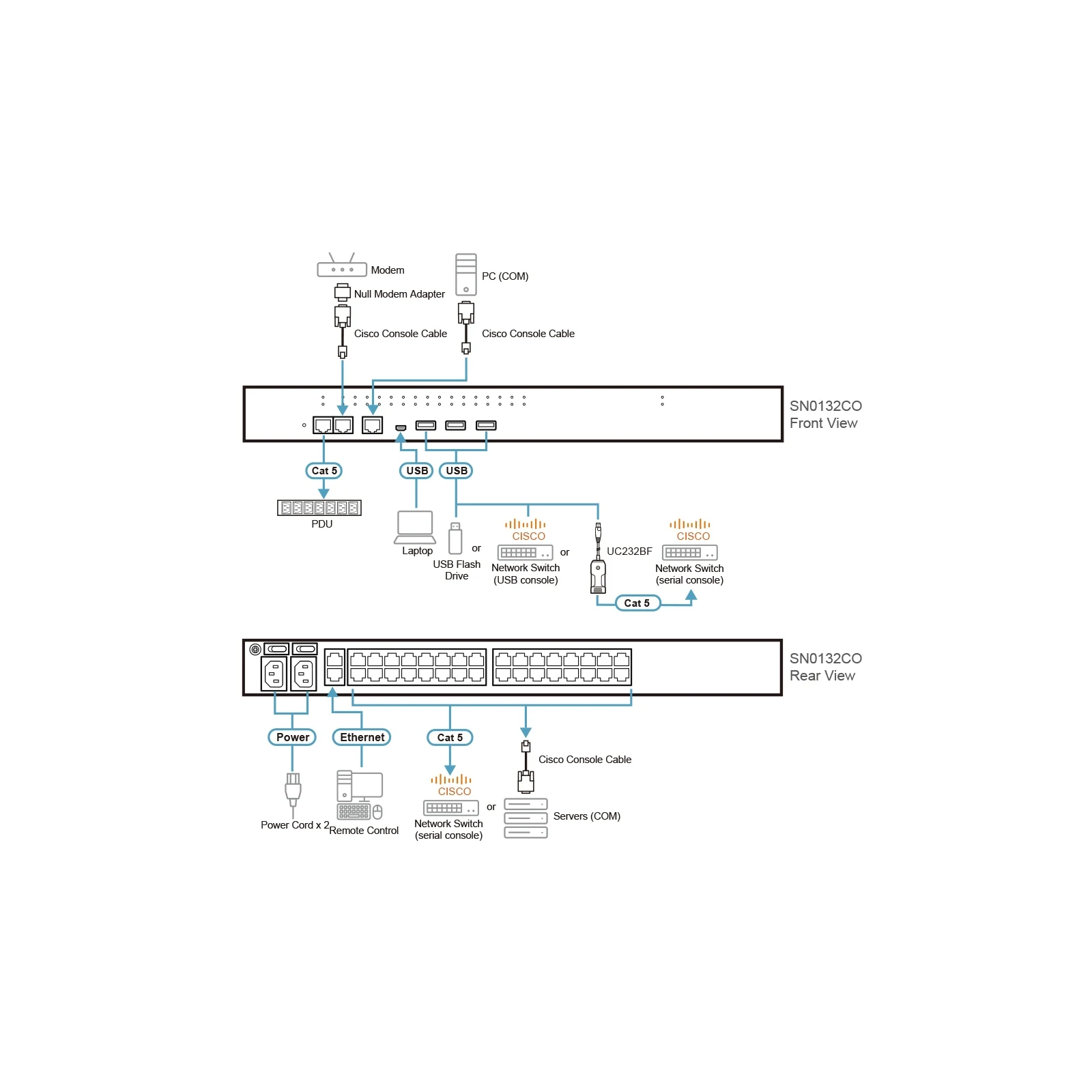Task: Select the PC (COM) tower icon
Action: click(x=466, y=274)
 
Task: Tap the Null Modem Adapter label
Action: click(x=399, y=294)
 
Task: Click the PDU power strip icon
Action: click(x=319, y=508)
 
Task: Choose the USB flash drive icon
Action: click(x=455, y=538)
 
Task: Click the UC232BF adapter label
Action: click(x=629, y=551)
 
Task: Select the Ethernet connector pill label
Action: click(x=362, y=737)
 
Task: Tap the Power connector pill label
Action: click(x=292, y=737)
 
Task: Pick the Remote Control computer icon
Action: click(x=360, y=795)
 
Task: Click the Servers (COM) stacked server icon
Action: click(x=526, y=818)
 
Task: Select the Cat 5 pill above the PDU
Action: click(x=324, y=471)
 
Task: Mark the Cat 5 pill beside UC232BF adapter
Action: click(x=637, y=603)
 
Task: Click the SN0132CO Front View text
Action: click(x=826, y=414)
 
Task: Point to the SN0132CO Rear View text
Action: click(x=826, y=667)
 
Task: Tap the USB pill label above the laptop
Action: click(x=416, y=471)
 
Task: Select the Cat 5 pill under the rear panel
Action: click(x=450, y=737)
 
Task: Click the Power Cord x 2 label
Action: click(x=295, y=825)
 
